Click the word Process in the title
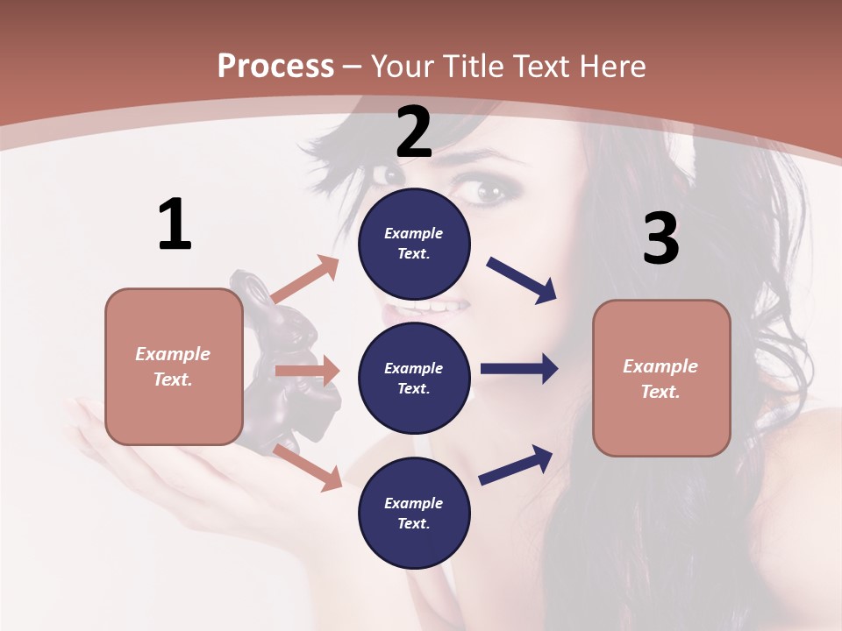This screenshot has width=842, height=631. [275, 67]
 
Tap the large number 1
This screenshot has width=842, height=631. [175, 224]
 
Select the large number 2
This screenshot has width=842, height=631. [414, 132]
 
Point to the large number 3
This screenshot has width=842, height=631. [660, 238]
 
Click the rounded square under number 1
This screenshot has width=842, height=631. [174, 366]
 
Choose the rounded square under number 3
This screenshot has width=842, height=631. [661, 378]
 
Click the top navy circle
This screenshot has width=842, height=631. [414, 244]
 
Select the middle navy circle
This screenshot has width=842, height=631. [414, 378]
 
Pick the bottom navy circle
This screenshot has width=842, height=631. [414, 513]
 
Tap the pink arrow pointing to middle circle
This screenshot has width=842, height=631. [307, 371]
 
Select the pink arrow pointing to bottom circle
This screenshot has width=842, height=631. [308, 466]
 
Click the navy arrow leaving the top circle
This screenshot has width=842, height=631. [522, 280]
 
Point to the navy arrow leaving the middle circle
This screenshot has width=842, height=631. [519, 368]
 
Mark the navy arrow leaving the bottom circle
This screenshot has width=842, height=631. [516, 465]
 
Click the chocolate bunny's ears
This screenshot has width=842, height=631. [248, 288]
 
